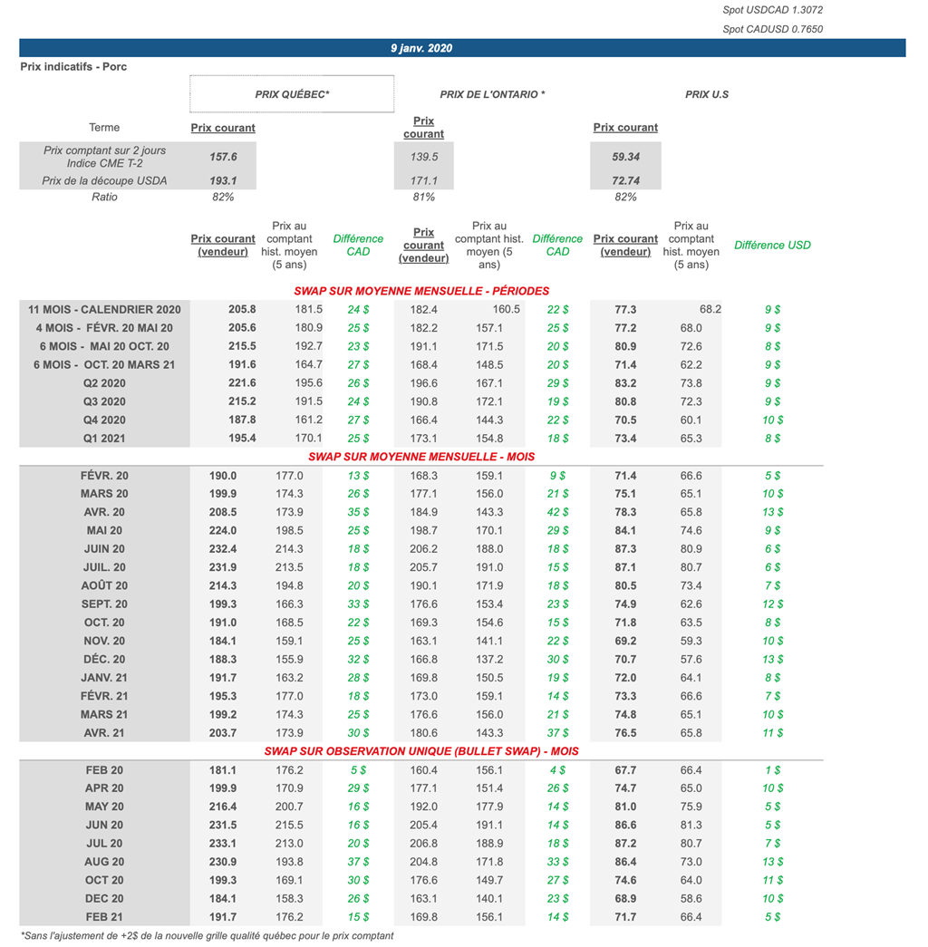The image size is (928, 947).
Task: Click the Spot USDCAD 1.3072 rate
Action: point(772,10)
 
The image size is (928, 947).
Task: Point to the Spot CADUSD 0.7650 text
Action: point(772,29)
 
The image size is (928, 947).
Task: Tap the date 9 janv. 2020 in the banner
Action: point(421,48)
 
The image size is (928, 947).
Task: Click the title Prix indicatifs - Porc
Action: point(73,67)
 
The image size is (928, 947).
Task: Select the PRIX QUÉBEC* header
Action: point(292,94)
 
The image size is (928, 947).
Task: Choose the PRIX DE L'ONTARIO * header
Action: point(492,94)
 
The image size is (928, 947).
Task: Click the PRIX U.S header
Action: point(707,94)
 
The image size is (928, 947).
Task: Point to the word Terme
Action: point(104,128)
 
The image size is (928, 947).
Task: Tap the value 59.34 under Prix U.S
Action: point(625,157)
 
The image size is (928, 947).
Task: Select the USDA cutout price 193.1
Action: point(223,180)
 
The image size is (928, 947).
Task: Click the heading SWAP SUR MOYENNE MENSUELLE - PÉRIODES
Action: point(421,291)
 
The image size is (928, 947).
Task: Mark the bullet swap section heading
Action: point(421,751)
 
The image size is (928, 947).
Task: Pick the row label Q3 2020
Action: point(104,401)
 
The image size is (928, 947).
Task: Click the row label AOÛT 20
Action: point(104,585)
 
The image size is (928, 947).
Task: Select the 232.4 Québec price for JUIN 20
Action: point(223,549)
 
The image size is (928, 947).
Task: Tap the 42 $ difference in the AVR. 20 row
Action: point(558,512)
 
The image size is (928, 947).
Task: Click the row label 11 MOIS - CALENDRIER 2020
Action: point(104,309)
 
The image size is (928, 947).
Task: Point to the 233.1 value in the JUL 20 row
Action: point(223,844)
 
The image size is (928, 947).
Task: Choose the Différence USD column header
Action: point(772,245)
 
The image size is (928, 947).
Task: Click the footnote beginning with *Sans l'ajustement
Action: point(207,935)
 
